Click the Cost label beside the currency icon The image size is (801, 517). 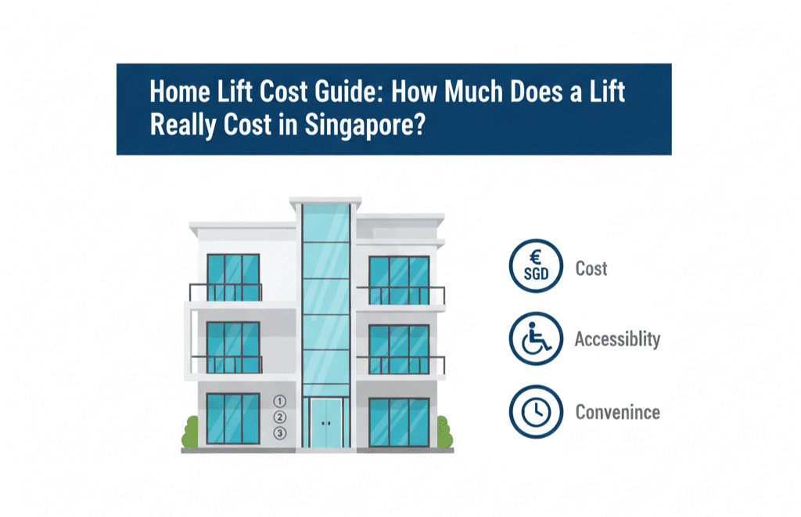click(591, 269)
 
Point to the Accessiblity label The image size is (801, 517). click(617, 339)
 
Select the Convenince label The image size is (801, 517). click(617, 411)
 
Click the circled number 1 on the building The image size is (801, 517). click(280, 402)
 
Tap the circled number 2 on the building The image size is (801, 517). click(280, 418)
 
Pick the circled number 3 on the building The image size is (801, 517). click(280, 433)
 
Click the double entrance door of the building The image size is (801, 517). click(326, 422)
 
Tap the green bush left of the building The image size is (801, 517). click(191, 432)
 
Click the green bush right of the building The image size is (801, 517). click(444, 432)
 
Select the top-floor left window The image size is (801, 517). click(233, 277)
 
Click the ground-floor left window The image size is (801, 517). click(233, 419)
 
